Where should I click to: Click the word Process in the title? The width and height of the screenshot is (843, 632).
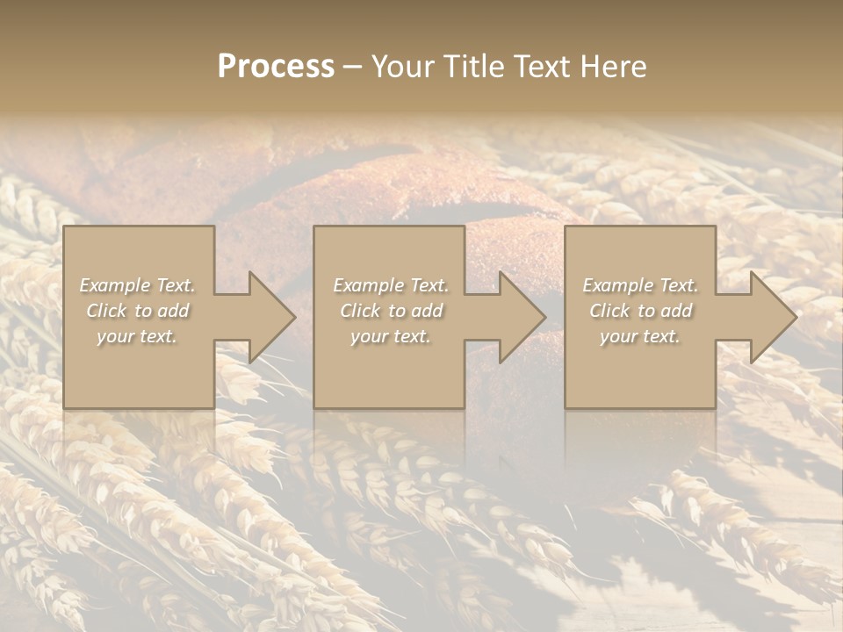click(276, 67)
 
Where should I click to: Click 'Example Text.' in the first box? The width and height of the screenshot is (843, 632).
click(137, 285)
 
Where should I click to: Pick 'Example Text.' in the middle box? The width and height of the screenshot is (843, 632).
click(391, 285)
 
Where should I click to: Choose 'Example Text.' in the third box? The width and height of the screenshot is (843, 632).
click(640, 285)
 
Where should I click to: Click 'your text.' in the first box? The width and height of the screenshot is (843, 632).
click(137, 336)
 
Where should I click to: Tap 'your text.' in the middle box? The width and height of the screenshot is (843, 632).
click(391, 336)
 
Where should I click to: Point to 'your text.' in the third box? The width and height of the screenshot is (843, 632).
click(640, 336)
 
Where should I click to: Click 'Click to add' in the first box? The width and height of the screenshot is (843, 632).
click(137, 311)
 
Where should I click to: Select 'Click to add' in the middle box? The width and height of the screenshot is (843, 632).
click(391, 311)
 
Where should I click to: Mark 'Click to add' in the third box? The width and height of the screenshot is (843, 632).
click(640, 311)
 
